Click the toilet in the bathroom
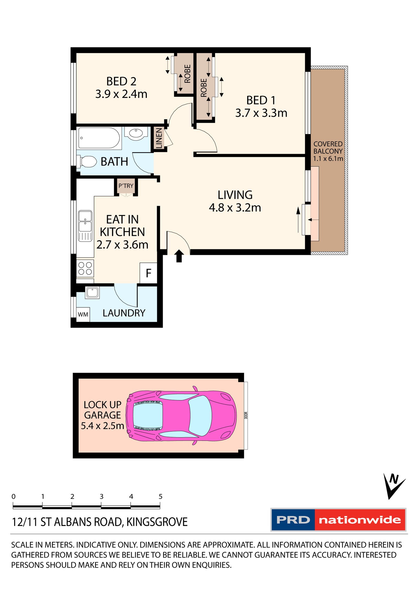pos(87,162)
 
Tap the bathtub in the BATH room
pos(99,138)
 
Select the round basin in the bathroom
pos(136,133)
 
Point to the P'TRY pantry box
pos(126,186)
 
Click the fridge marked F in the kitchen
pos(148,273)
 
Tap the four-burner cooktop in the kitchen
pos(85,268)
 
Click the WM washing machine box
pos(83,314)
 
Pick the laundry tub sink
pos(92,292)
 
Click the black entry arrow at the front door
pos(179,255)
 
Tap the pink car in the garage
pos(181,416)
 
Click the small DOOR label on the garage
pos(246,415)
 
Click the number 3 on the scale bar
pos(102,496)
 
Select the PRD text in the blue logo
pos(293,520)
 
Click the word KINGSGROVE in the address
pos(157,522)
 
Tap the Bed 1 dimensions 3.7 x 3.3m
pos(261,113)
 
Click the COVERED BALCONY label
pos(328,148)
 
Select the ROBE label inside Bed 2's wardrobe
pos(188,74)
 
